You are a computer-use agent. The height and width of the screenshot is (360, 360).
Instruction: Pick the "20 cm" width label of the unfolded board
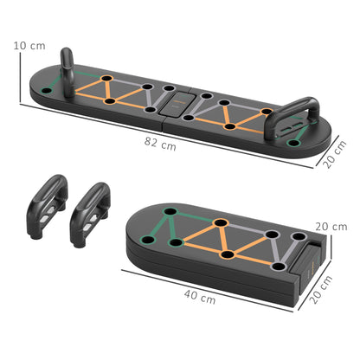point(334,158)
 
